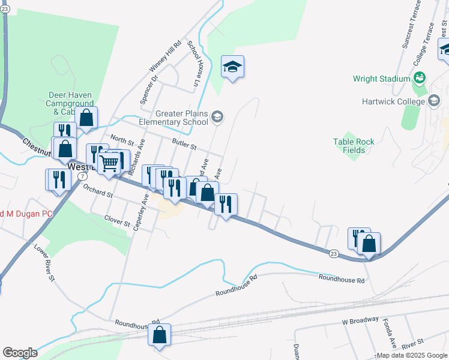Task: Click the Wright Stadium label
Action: pos(381,79)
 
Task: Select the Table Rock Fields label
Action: pos(354,146)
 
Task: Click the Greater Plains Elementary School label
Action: pos(182,118)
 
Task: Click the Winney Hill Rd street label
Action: pos(167,57)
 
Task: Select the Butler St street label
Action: pos(184,144)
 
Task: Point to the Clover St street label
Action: pos(118,220)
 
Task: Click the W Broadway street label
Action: pos(361,321)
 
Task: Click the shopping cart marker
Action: pos(109,163)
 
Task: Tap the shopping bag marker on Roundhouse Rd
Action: pos(160,336)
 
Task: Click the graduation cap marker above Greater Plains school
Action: pos(232,67)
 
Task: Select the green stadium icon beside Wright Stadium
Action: pos(420,78)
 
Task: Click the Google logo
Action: pos(20,353)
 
